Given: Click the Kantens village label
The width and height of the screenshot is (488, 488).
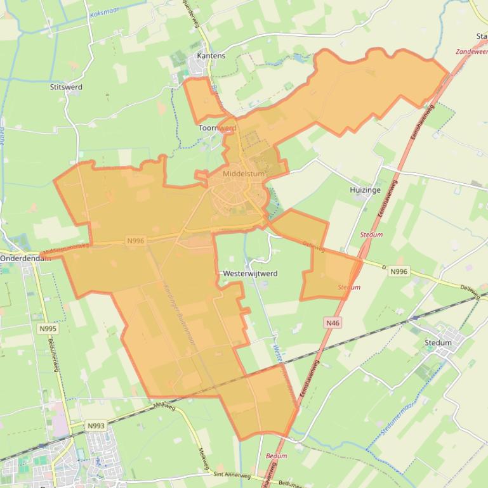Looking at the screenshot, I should pyautogui.click(x=211, y=56).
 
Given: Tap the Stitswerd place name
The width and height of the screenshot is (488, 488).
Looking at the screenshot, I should pyautogui.click(x=66, y=87).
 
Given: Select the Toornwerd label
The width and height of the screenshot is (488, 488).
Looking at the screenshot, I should pyautogui.click(x=218, y=128).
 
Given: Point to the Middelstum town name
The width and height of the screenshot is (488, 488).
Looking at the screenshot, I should pyautogui.click(x=244, y=173).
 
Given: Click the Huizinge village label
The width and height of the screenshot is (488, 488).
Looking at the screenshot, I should pyautogui.click(x=365, y=189).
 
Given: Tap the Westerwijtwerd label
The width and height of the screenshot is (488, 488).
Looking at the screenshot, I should pyautogui.click(x=251, y=274).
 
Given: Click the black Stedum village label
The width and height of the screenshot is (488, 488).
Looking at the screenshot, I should pyautogui.click(x=438, y=343).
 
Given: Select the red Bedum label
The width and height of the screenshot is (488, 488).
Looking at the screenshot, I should pyautogui.click(x=277, y=456).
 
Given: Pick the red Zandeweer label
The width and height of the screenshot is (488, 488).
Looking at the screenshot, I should pyautogui.click(x=471, y=52).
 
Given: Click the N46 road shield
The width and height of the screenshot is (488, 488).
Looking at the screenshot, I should pyautogui.click(x=333, y=323).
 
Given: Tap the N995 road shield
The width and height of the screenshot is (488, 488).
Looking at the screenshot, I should pyautogui.click(x=48, y=328).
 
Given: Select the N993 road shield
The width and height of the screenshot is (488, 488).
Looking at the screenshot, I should pyautogui.click(x=96, y=425).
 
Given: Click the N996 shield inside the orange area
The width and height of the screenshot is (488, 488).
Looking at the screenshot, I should pyautogui.click(x=135, y=241).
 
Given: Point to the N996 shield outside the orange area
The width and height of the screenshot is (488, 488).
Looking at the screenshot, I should pyautogui.click(x=399, y=272).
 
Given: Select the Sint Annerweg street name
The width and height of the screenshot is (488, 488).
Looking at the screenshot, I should pyautogui.click(x=232, y=475).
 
